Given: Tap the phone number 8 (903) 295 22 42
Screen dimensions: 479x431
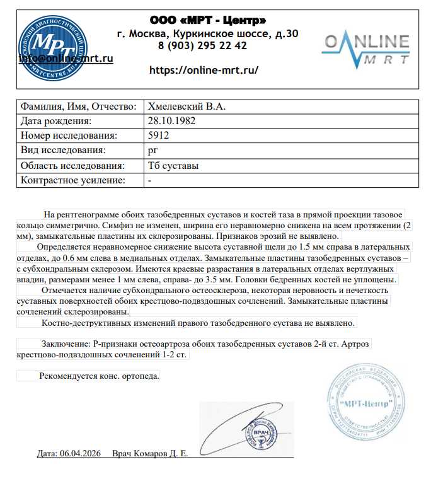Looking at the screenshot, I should pos(202,46).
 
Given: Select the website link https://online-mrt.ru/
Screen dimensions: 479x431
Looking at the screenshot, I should pos(204,70).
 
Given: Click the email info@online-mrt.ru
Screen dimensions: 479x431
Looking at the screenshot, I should pos(66,58).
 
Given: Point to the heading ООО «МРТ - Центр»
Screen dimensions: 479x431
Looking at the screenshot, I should pos(203,20).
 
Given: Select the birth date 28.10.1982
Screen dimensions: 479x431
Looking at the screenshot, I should pos(171,120).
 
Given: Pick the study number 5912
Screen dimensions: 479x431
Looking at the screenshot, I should pos(158,135).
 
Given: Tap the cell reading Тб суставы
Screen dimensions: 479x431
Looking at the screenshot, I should pos(173,166).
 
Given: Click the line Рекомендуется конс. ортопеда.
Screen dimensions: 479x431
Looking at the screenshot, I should pos(100,376).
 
